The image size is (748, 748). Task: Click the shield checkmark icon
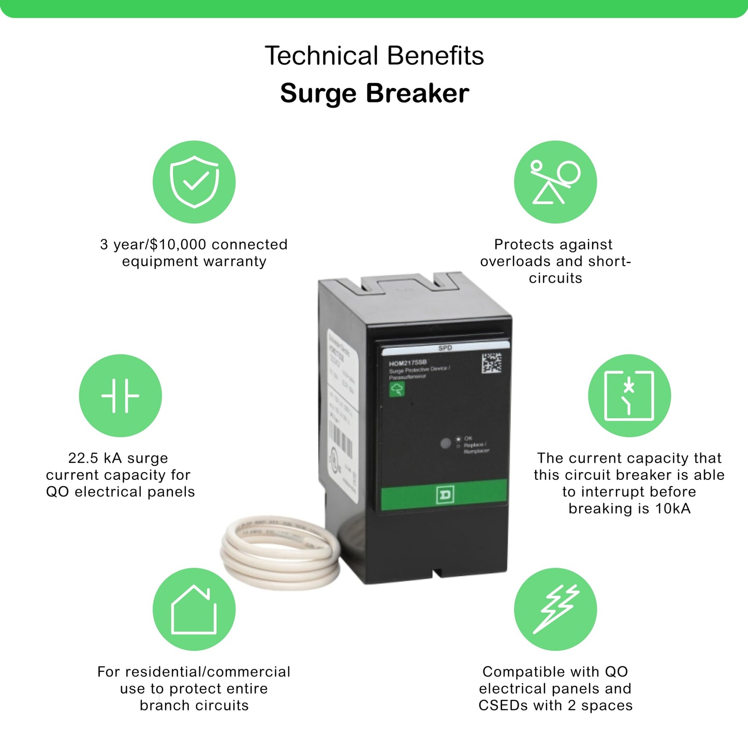(194, 182)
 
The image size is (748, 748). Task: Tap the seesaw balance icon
(555, 182)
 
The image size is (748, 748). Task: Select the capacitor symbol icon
(120, 395)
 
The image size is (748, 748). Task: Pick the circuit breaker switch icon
(629, 395)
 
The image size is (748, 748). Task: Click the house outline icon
(194, 609)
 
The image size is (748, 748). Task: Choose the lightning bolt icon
(555, 609)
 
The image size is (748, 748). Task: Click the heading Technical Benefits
(374, 56)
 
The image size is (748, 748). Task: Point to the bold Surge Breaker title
(374, 94)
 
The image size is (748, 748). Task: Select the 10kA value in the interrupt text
(672, 508)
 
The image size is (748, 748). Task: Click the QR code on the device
(491, 363)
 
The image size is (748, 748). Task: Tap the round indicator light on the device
(445, 444)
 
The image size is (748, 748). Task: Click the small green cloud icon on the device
(397, 389)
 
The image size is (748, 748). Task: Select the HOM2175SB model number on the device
(407, 363)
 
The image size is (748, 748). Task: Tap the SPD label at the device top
(445, 348)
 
